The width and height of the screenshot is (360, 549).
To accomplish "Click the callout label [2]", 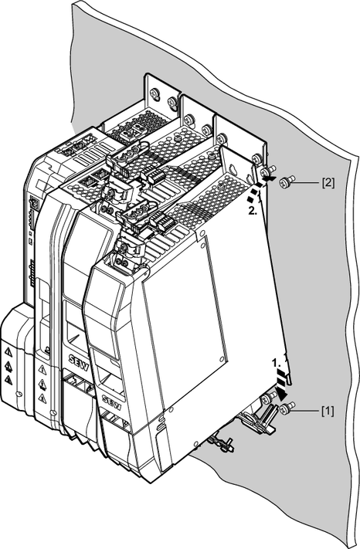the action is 328,183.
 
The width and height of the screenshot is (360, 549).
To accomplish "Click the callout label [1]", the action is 328,411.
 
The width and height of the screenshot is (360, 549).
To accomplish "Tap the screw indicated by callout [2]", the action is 285,182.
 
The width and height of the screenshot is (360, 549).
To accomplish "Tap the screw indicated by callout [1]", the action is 287,408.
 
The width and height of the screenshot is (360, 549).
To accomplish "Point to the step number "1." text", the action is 277,362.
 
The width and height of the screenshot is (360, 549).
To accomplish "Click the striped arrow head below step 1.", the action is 281,393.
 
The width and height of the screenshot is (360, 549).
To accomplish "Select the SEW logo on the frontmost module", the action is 112,402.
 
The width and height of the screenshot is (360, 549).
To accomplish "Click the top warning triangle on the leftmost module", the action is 9,353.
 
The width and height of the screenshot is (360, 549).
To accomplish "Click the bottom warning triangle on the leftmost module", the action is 9,380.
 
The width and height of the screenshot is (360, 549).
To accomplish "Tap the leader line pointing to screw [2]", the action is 306,182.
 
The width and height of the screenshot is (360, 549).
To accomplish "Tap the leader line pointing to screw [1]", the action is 307,409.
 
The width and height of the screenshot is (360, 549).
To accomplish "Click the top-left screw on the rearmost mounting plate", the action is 155,93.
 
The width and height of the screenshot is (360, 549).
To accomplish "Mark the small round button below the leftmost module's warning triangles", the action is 19,395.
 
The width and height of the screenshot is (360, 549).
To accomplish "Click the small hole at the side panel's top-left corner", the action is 202,233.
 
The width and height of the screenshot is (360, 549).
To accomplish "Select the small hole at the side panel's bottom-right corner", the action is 221,359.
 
